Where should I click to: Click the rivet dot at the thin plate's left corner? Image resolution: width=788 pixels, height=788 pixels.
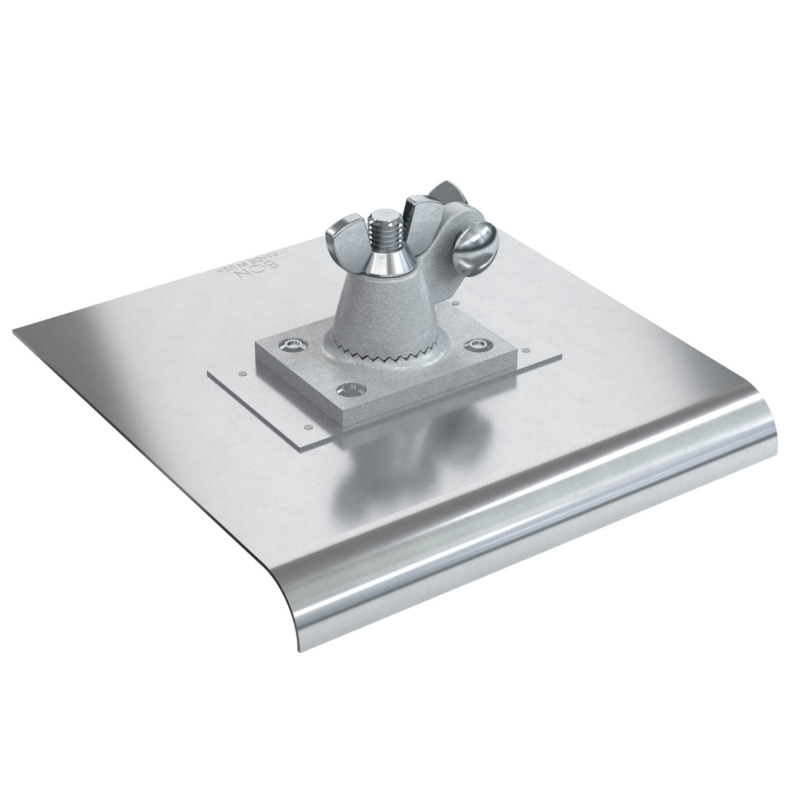coord(241,373)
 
